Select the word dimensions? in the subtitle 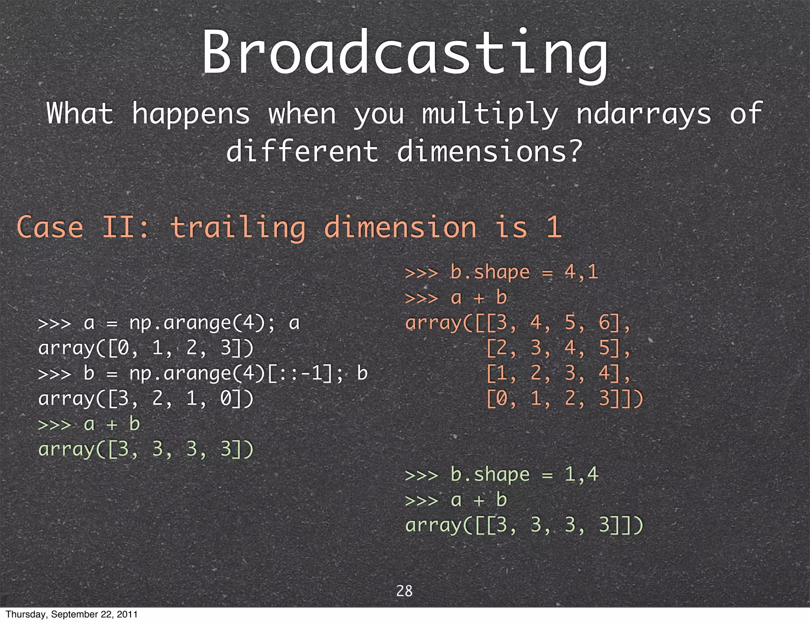coord(490,152)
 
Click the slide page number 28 coord(404,591)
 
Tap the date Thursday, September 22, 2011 coord(72,614)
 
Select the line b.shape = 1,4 coord(502,475)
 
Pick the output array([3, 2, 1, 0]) coord(146,399)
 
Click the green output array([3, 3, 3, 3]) coord(146,449)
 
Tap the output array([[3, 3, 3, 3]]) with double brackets coord(524,525)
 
